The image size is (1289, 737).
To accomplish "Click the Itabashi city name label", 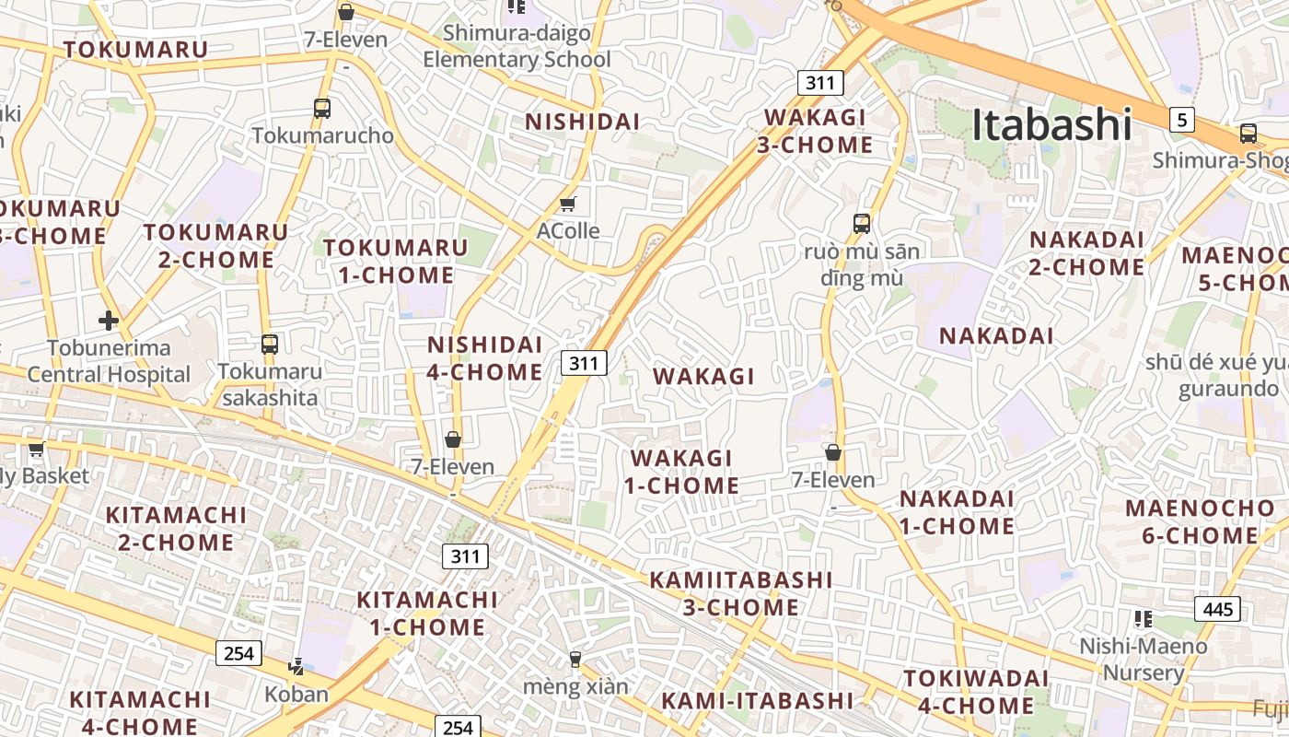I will pos(1051,125).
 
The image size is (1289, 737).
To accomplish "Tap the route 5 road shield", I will pos(1183,119).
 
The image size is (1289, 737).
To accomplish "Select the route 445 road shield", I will pos(1217,609).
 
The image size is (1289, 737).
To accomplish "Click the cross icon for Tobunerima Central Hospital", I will pos(109,321).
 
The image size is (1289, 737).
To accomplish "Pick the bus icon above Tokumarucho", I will pos(321,108).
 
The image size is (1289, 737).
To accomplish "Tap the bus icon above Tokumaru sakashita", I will pos(269,345).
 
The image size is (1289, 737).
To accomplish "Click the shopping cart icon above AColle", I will pos(568,204).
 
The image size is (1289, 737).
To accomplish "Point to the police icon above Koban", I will pos(296,666).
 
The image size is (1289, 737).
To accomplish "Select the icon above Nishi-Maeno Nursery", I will pos(1144,618).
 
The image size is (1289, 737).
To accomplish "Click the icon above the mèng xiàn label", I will pos(575,659).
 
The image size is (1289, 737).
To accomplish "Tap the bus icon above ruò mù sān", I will pos(862,223).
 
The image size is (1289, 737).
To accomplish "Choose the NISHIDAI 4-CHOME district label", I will pos(485,358).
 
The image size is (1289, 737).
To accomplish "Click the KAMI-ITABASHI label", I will pos(757,700).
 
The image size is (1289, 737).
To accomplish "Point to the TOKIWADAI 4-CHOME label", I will pos(976,692).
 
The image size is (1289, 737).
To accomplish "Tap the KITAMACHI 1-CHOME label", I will pos(427,614).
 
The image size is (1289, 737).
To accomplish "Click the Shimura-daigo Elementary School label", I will pos(517,46).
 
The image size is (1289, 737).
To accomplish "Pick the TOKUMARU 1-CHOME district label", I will pos(396,261).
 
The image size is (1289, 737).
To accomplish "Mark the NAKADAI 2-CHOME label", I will pos(1086,253).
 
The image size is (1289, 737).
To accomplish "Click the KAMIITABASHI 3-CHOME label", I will pos(741,593).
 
